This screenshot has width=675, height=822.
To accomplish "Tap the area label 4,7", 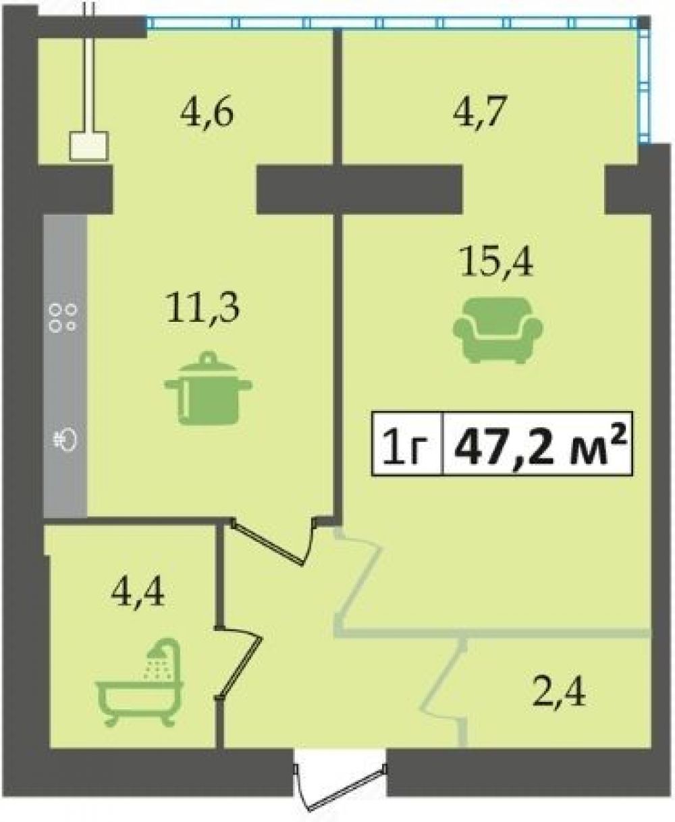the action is [480, 112].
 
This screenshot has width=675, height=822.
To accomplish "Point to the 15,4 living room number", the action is [496, 263].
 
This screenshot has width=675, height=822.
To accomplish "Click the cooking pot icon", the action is [208, 388].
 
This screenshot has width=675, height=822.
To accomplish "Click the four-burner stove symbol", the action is [62, 318].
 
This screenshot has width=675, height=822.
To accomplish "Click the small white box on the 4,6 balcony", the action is [88, 146].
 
